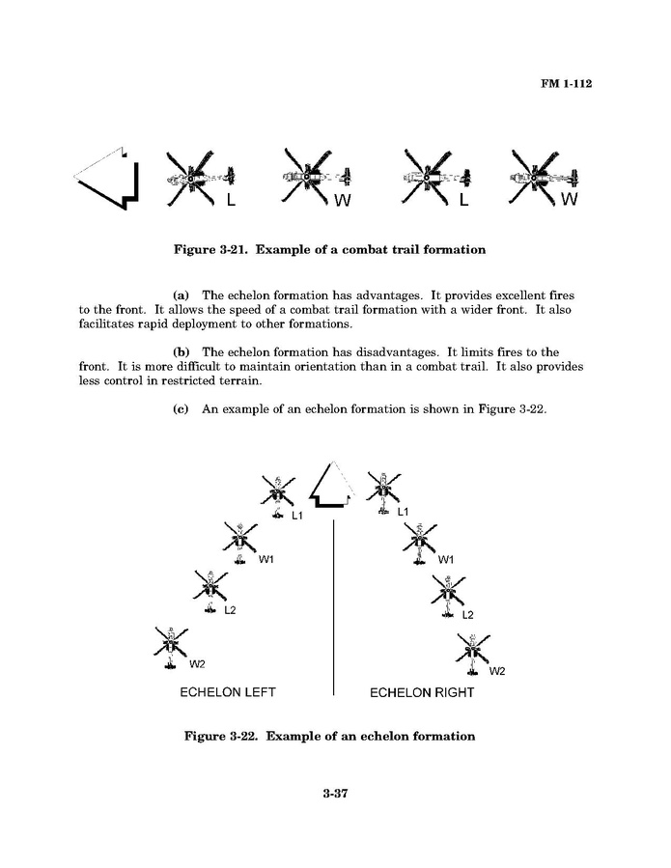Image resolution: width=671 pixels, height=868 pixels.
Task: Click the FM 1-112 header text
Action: tap(565, 83)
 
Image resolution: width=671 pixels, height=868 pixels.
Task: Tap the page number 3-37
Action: tap(335, 795)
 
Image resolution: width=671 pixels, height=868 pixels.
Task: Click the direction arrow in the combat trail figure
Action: tap(108, 179)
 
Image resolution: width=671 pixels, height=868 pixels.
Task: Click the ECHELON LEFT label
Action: tap(228, 692)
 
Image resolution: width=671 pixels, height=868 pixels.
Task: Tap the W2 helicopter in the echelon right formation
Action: tap(472, 655)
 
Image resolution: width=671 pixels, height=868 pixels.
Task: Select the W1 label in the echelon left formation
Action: tap(266, 560)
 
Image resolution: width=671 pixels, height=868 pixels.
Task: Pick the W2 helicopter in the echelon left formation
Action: tap(170, 645)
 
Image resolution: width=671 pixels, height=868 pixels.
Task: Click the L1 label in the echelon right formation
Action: tap(404, 511)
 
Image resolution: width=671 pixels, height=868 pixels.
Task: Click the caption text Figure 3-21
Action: tap(329, 250)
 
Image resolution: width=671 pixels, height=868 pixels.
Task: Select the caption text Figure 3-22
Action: tap(330, 736)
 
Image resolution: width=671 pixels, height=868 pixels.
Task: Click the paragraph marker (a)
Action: tap(180, 294)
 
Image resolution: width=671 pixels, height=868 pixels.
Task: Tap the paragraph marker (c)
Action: tap(180, 409)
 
